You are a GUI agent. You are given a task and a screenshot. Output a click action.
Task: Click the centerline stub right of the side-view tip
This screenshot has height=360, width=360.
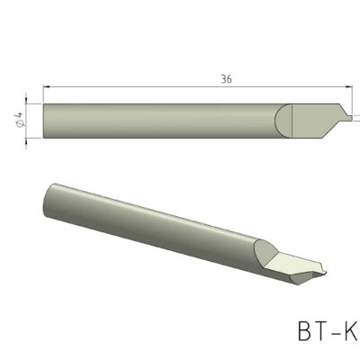pos(357,118)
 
